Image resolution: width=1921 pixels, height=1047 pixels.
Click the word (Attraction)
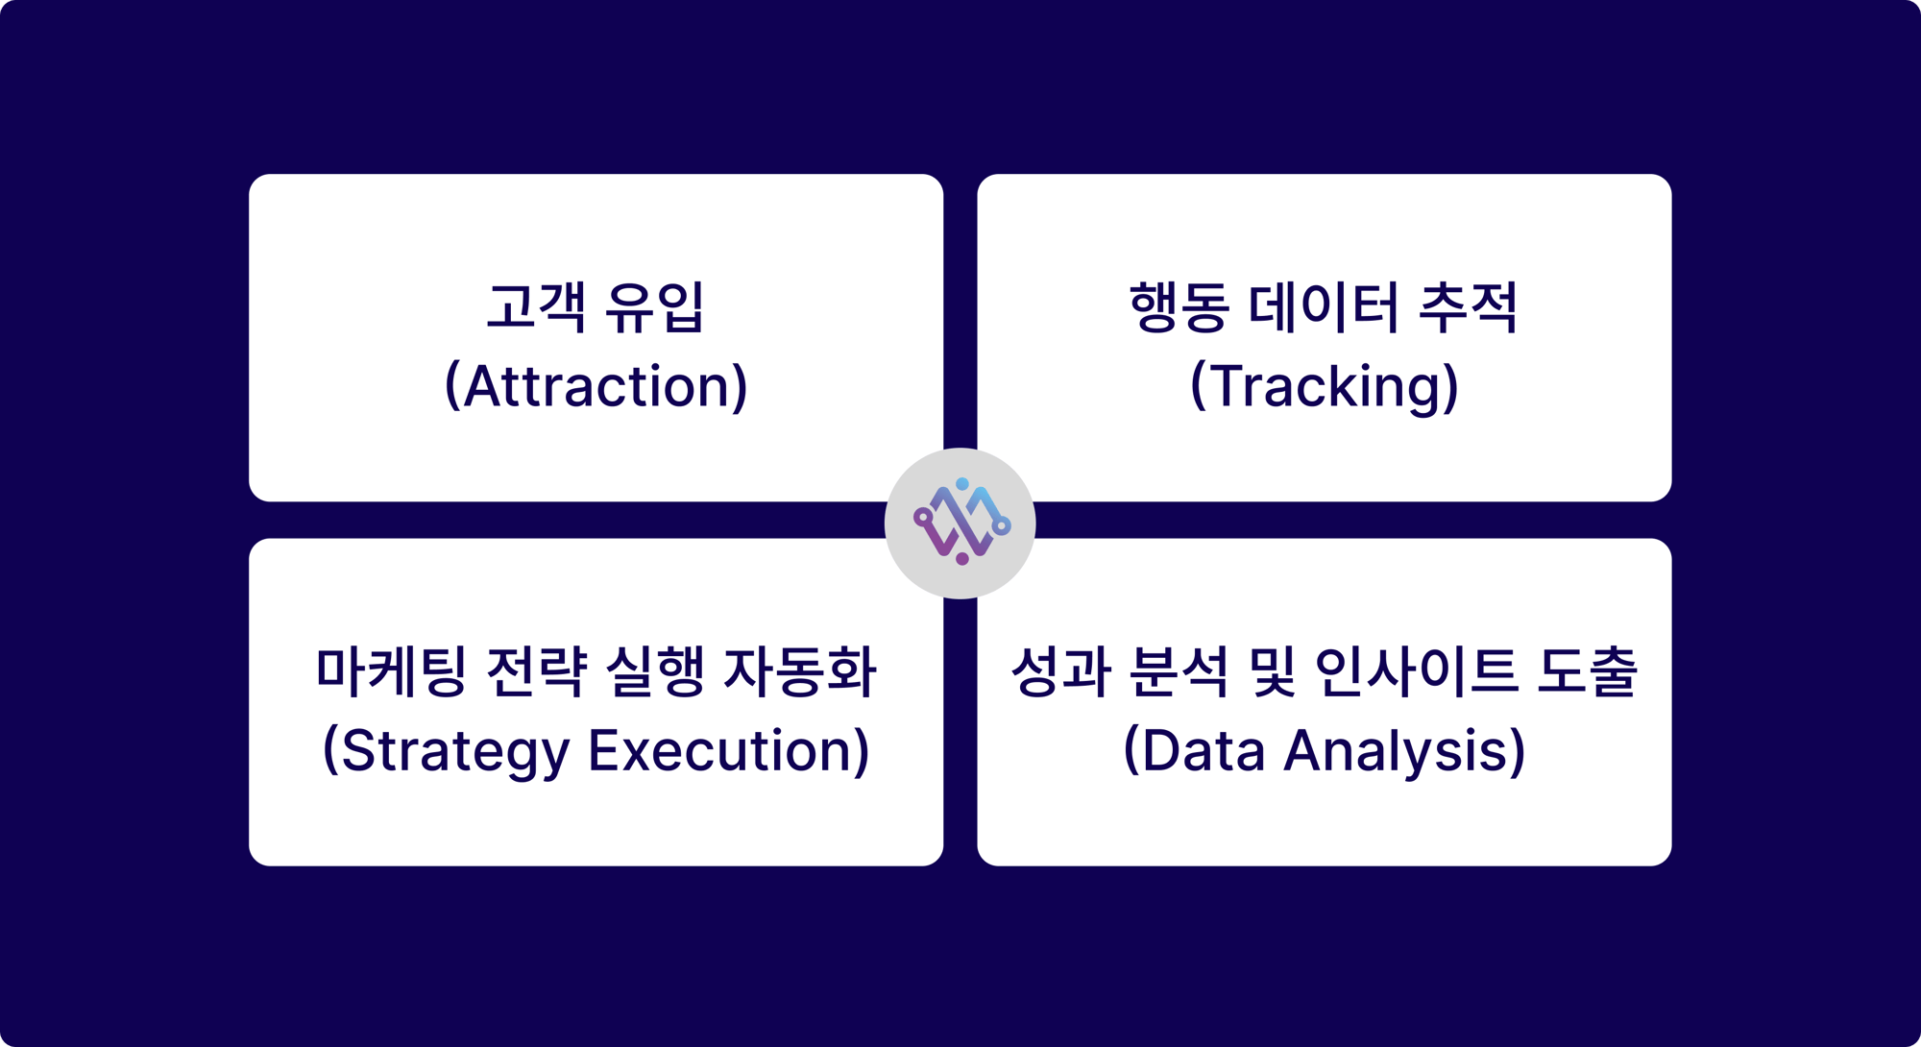(x=596, y=386)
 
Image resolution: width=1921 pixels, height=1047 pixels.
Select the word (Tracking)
(x=1324, y=386)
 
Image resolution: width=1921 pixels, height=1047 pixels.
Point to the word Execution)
(x=729, y=750)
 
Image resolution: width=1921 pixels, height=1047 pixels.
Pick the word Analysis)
(x=1404, y=750)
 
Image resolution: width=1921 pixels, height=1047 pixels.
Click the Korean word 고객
(x=536, y=307)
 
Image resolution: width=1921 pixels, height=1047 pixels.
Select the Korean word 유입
(x=655, y=307)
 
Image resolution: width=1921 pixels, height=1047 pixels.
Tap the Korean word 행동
(x=1179, y=307)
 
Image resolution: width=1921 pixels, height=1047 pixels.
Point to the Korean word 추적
(x=1468, y=307)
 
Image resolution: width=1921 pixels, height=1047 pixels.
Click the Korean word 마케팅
(x=391, y=671)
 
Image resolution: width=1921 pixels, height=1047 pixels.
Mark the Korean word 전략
(x=536, y=671)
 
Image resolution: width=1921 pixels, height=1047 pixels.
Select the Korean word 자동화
(x=799, y=671)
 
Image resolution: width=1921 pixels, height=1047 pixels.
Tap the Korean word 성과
(x=1060, y=671)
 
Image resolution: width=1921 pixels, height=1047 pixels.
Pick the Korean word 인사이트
(x=1416, y=671)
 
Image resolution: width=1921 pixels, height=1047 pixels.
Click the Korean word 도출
(x=1587, y=671)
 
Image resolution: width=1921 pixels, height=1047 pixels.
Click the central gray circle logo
(x=960, y=523)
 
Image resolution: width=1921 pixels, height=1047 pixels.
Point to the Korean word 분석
(x=1179, y=671)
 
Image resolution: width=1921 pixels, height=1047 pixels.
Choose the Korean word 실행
(x=655, y=671)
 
